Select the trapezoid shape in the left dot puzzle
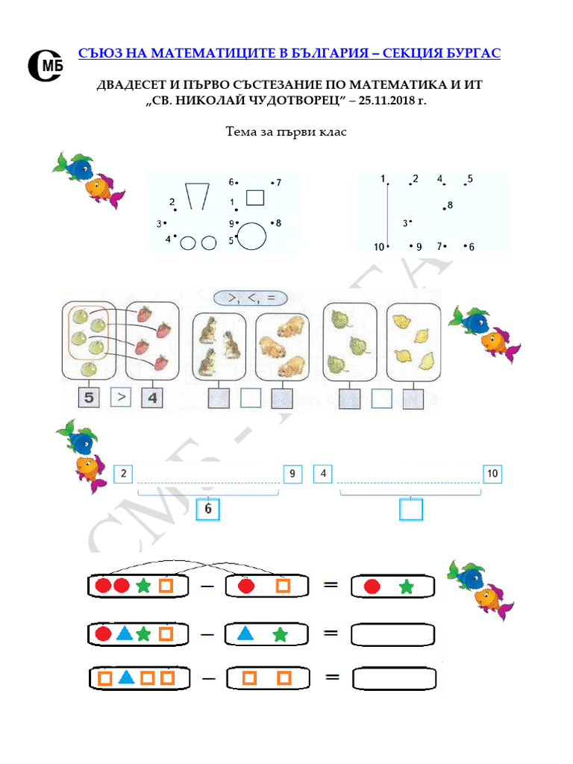coord(196,196)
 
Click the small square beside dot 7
coord(255,197)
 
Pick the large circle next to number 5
coord(251,235)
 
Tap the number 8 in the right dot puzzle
coord(450,204)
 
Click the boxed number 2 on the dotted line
coord(122,473)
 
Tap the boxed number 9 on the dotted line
coord(292,473)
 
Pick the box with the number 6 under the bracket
coord(208,510)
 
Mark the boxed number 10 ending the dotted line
coord(492,473)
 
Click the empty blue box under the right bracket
coord(411,510)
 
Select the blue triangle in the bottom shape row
coord(127,678)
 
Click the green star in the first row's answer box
coord(406,587)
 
